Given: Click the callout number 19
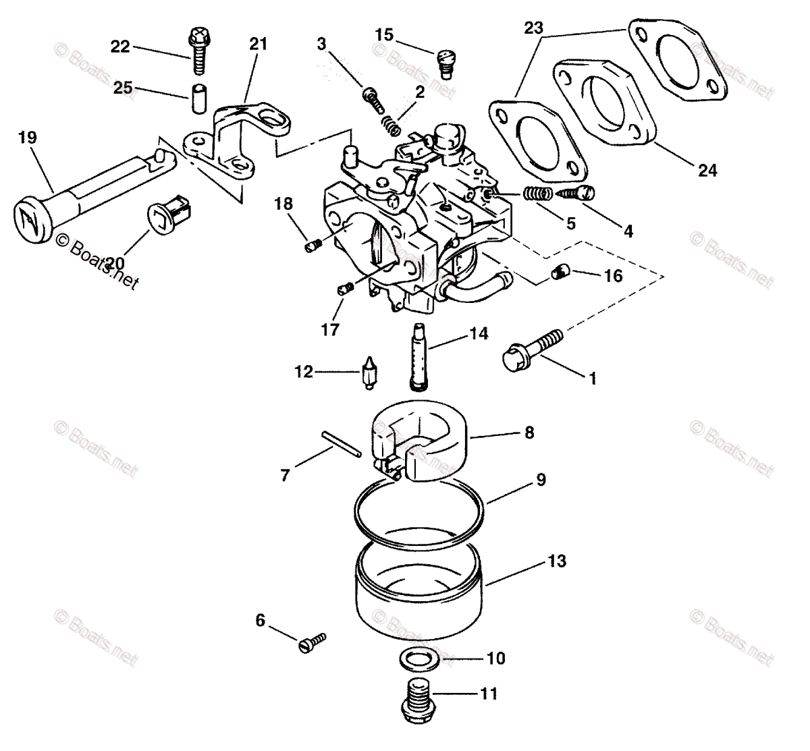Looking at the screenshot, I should click(x=28, y=138).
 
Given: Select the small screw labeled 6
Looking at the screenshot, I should click(x=311, y=641).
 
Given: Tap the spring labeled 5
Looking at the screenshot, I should click(x=538, y=194).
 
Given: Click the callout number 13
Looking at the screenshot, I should click(x=557, y=561).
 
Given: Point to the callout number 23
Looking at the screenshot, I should click(x=533, y=28).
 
